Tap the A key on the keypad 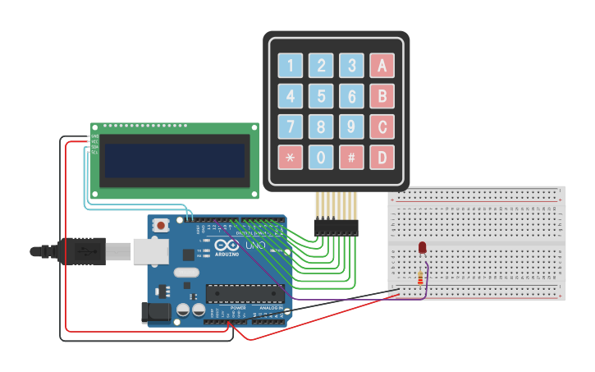pos(382,66)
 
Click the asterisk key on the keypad pos(290,157)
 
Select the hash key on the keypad pos(351,157)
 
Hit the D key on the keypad pos(382,157)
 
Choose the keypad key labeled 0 pos(321,157)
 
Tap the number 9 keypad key pos(351,126)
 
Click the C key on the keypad pos(382,126)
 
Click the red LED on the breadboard pos(422,247)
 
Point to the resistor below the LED pos(422,278)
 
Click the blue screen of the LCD pos(175,160)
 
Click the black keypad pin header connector pos(336,227)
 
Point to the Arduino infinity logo pos(226,245)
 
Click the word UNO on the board pos(255,245)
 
